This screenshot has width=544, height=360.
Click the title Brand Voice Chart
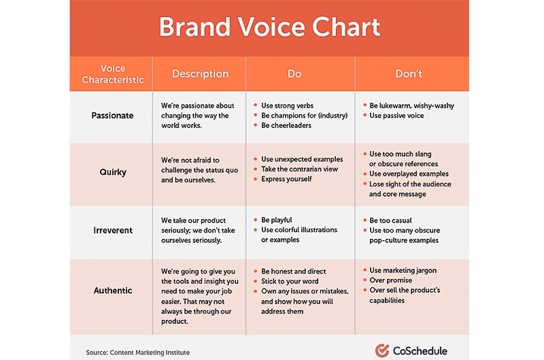[269, 27]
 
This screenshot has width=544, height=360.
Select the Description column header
[200, 73]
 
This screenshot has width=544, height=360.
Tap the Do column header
[294, 73]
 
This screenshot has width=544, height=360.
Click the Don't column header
[409, 73]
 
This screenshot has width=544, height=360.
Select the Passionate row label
[113, 116]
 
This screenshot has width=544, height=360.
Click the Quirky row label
[113, 172]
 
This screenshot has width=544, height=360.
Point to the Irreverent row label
[113, 231]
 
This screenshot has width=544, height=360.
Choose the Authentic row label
[113, 291]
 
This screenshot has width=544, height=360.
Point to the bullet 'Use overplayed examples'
[409, 174]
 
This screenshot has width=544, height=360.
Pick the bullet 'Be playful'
[277, 220]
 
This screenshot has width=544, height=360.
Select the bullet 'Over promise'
[390, 280]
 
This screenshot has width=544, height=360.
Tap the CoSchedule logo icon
[382, 350]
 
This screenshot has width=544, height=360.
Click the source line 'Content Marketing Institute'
[137, 353]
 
